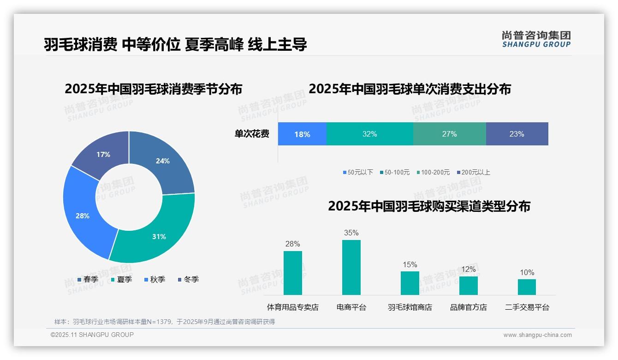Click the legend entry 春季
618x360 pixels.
click(88, 279)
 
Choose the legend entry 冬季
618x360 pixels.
click(188, 279)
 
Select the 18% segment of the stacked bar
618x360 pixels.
click(302, 134)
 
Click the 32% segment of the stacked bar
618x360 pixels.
click(369, 134)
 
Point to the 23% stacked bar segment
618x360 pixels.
click(517, 134)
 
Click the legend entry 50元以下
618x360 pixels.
click(358, 172)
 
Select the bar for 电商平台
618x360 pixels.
click(351, 267)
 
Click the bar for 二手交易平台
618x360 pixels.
click(527, 287)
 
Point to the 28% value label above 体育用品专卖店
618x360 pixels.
click(292, 244)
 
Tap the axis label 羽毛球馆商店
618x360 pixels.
click(410, 307)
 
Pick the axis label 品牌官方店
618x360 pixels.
click(468, 307)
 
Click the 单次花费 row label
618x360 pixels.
click(252, 134)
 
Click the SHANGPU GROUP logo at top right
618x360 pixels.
click(536, 39)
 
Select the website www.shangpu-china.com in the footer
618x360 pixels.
click(537, 335)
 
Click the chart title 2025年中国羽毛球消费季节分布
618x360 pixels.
click(153, 89)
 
